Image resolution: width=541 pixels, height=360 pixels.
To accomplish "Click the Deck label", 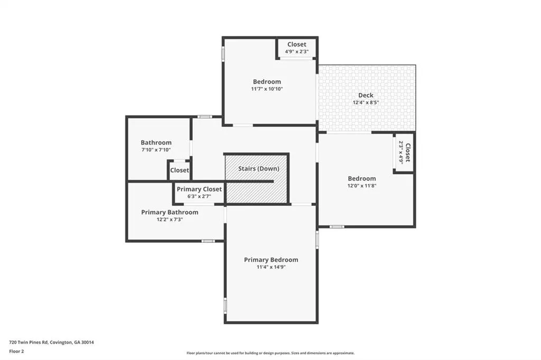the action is pyautogui.click(x=366, y=95).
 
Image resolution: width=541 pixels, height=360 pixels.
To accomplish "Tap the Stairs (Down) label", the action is pyautogui.click(x=259, y=168).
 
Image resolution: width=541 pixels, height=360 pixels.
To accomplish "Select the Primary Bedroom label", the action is pyautogui.click(x=271, y=260).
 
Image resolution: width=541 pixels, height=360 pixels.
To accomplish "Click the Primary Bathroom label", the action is pyautogui.click(x=170, y=212).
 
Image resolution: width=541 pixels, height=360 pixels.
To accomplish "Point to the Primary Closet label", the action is pyautogui.click(x=199, y=190).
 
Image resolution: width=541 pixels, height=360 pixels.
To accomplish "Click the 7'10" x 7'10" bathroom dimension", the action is pyautogui.click(x=156, y=150).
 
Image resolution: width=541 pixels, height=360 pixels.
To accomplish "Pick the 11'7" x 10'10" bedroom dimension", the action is pyautogui.click(x=267, y=89).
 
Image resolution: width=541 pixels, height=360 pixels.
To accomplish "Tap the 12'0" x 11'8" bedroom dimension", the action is pyautogui.click(x=361, y=185).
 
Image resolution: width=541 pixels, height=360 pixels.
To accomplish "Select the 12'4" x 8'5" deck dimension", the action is pyautogui.click(x=366, y=102).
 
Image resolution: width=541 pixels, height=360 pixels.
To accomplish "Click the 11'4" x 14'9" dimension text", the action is pyautogui.click(x=271, y=267).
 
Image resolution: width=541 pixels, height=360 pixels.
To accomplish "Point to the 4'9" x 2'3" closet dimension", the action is pyautogui.click(x=297, y=51).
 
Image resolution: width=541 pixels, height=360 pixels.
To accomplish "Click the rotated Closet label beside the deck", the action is pyautogui.click(x=407, y=153).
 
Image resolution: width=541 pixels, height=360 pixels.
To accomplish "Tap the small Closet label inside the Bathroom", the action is pyautogui.click(x=180, y=170).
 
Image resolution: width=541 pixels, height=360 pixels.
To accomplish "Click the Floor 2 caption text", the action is pyautogui.click(x=16, y=352).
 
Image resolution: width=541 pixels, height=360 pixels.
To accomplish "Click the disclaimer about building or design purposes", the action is pyautogui.click(x=270, y=353).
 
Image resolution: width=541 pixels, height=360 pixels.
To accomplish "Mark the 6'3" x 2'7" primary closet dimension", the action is pyautogui.click(x=199, y=196).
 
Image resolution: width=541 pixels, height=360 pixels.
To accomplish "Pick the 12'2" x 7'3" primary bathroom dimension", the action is pyautogui.click(x=170, y=219).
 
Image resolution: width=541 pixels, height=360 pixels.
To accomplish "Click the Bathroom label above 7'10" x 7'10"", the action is pyautogui.click(x=156, y=143).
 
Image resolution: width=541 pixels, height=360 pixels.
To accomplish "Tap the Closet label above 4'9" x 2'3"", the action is pyautogui.click(x=297, y=44).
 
